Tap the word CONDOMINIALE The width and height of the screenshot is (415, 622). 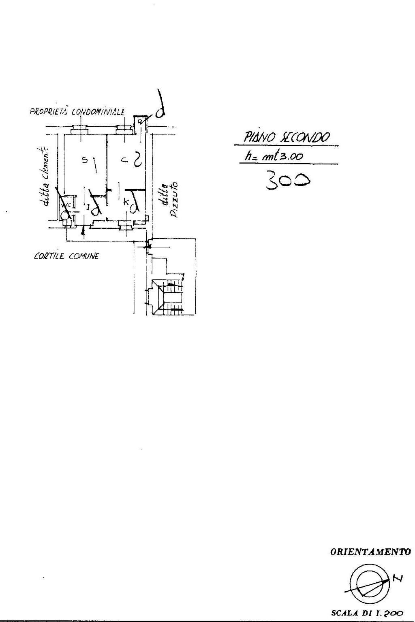point(98,112)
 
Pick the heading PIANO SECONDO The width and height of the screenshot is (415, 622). point(287,138)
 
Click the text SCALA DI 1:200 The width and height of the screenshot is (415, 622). point(367,613)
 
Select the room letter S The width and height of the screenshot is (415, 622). point(85,160)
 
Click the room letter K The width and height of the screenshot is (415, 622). point(126,201)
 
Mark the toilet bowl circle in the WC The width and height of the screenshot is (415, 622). point(64,215)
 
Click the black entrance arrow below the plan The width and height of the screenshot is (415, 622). point(83,232)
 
